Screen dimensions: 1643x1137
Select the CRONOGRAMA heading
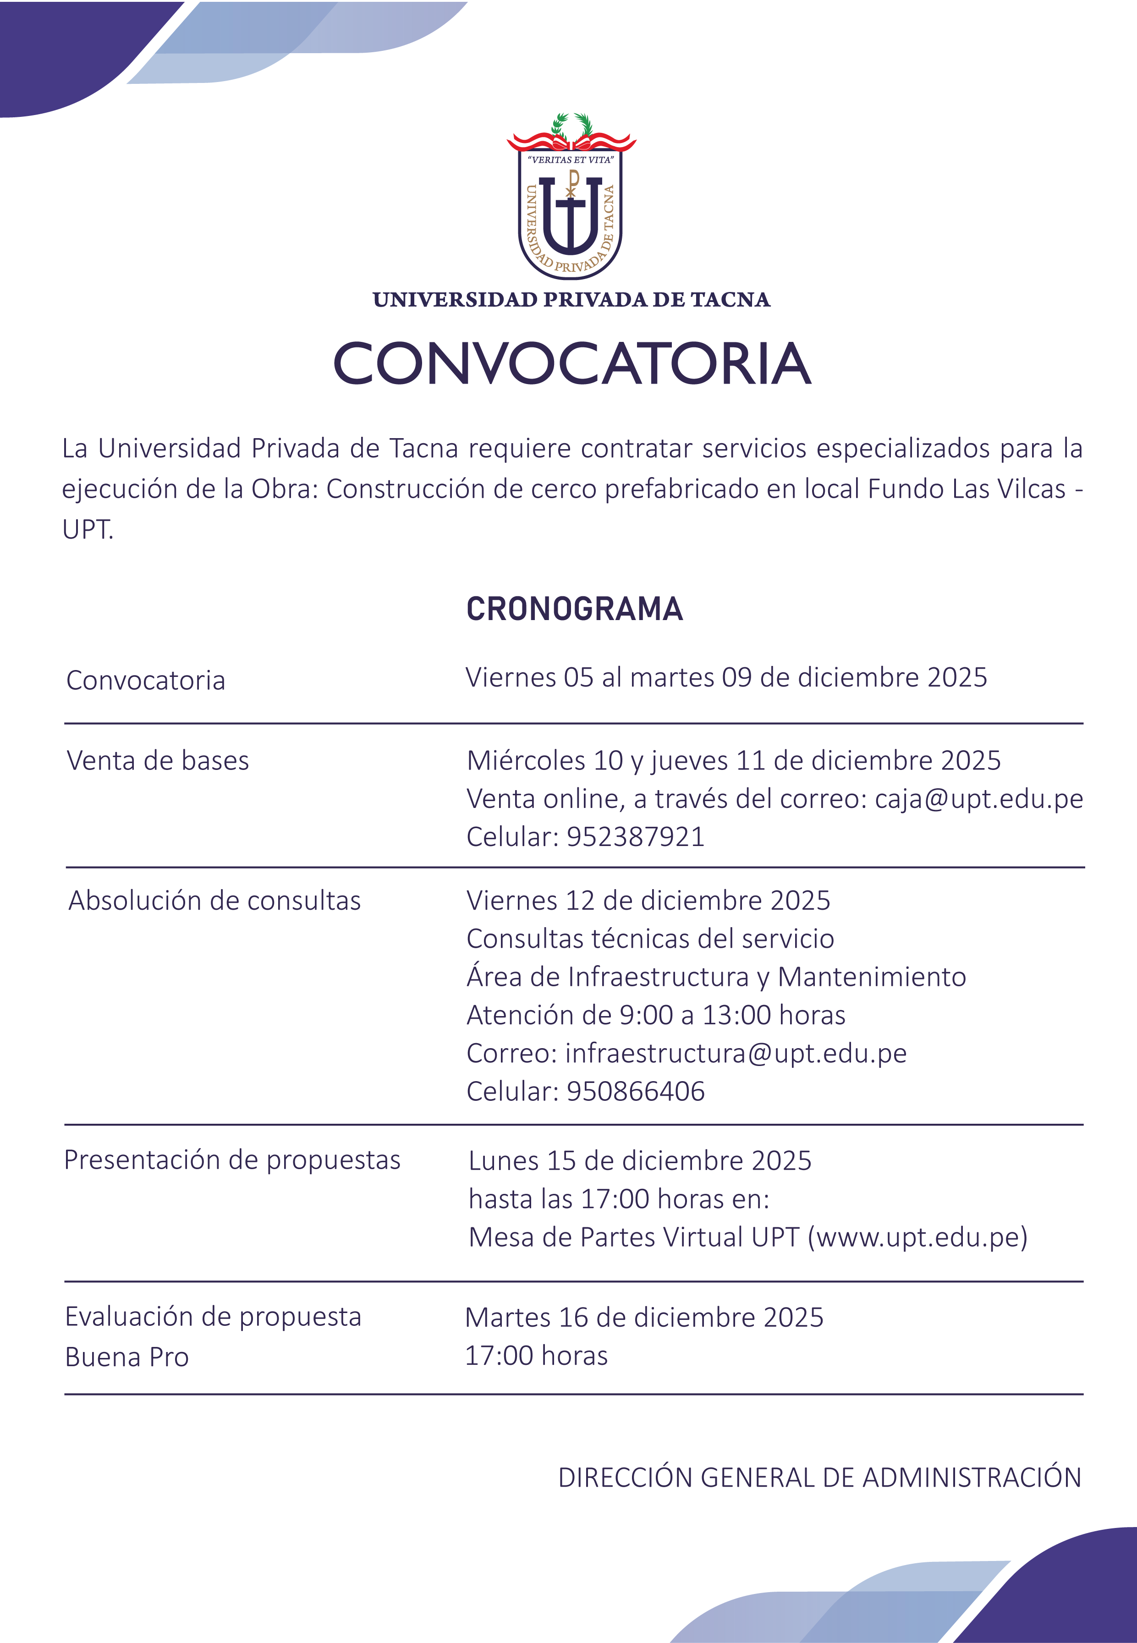[574, 609]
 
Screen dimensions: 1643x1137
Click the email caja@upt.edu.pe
[979, 799]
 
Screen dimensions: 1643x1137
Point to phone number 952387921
[636, 836]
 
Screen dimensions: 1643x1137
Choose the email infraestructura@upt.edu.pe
[736, 1053]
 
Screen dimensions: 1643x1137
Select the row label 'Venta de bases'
[158, 761]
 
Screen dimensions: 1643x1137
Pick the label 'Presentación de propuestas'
[232, 1160]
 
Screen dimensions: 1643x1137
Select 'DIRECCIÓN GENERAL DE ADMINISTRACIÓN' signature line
[819, 1478]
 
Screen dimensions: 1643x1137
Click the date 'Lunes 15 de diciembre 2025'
[640, 1161]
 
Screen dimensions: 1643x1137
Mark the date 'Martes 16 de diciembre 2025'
[644, 1318]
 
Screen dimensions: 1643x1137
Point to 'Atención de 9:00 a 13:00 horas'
[655, 1015]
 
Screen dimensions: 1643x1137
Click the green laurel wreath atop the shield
[572, 124]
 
